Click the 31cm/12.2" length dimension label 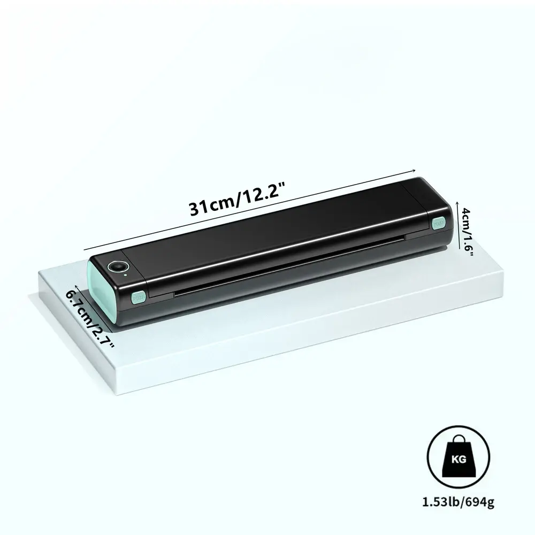coord(237,199)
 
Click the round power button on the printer coord(118,266)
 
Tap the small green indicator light coord(126,274)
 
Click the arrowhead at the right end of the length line coord(414,170)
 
